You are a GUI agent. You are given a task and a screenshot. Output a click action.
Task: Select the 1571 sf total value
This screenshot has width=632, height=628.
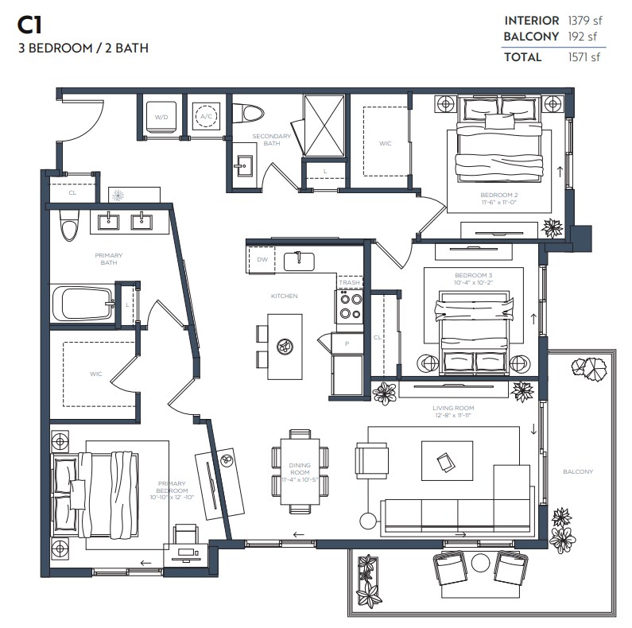pos(584,57)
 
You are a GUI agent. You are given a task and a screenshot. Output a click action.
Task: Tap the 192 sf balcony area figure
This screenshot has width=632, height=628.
pos(582,37)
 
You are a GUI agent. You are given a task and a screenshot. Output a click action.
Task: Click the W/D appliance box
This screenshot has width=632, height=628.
pos(162,116)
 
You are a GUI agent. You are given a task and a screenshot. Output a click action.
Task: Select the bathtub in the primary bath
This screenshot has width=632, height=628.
pos(83,304)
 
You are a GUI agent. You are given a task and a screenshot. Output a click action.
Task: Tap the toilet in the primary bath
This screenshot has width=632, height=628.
pos(69,226)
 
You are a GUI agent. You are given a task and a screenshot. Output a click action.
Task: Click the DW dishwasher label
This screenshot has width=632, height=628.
pos(262,259)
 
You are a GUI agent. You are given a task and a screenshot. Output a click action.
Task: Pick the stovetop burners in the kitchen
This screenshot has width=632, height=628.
pos(351,306)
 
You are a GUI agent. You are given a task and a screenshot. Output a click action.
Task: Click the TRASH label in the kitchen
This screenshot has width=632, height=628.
pos(349,282)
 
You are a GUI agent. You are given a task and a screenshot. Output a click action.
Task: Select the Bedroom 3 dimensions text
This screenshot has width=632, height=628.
pos(473,282)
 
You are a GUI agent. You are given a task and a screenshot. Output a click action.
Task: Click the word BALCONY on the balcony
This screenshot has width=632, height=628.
pos(578,471)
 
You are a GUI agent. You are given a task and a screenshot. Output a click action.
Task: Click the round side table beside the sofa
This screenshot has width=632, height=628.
pos(368,521)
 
